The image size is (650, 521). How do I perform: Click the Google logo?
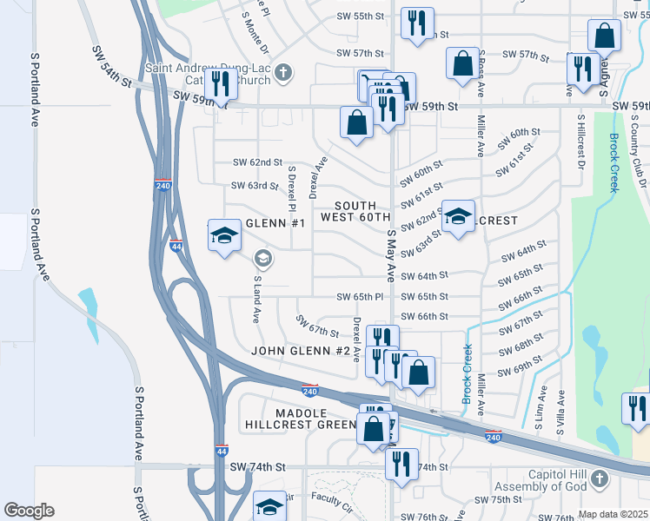point(29,511)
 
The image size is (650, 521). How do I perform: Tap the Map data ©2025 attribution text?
point(613,514)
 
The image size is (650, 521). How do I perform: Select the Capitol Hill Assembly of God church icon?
point(598,478)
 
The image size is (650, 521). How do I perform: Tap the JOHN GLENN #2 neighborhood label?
point(300,352)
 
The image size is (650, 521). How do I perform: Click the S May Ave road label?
point(391,255)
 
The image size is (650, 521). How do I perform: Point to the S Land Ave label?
point(257,300)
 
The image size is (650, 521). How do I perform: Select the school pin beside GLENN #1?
point(224,235)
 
